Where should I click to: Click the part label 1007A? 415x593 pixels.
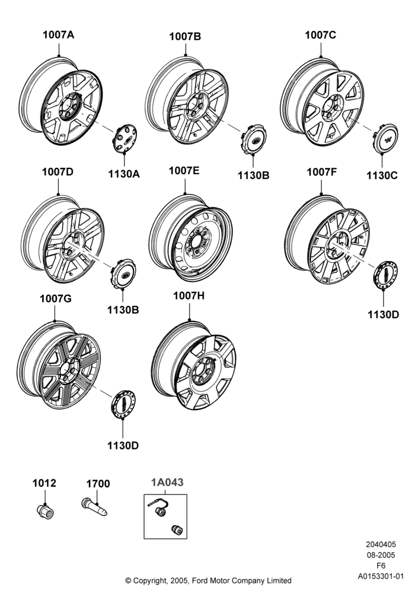coord(58,35)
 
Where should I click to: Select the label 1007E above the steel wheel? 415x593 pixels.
coord(184,171)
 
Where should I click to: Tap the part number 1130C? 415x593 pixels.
coord(382,176)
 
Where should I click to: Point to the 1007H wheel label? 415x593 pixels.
coord(189,296)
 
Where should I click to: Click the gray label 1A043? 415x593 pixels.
coord(167,482)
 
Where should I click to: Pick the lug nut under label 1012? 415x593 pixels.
coord(46,511)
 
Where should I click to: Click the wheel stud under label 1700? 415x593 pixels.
coord(94,507)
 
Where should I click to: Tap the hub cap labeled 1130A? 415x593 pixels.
coord(124,139)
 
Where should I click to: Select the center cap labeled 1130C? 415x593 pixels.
coord(385,139)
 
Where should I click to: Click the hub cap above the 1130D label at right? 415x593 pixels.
coord(385,275)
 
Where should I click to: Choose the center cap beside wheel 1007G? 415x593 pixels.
coord(123,404)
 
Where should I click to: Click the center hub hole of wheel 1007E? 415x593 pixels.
coord(197,241)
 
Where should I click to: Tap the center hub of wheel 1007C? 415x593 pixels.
coord(332,107)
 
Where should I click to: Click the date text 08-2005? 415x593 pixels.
coord(381,555)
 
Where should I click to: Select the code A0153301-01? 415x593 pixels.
coord(381,576)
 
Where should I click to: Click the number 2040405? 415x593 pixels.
coord(381,544)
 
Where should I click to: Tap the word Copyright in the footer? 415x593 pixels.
coord(149,581)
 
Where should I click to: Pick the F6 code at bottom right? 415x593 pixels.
coord(381,566)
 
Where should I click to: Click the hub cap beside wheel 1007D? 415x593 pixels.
coord(123,273)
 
